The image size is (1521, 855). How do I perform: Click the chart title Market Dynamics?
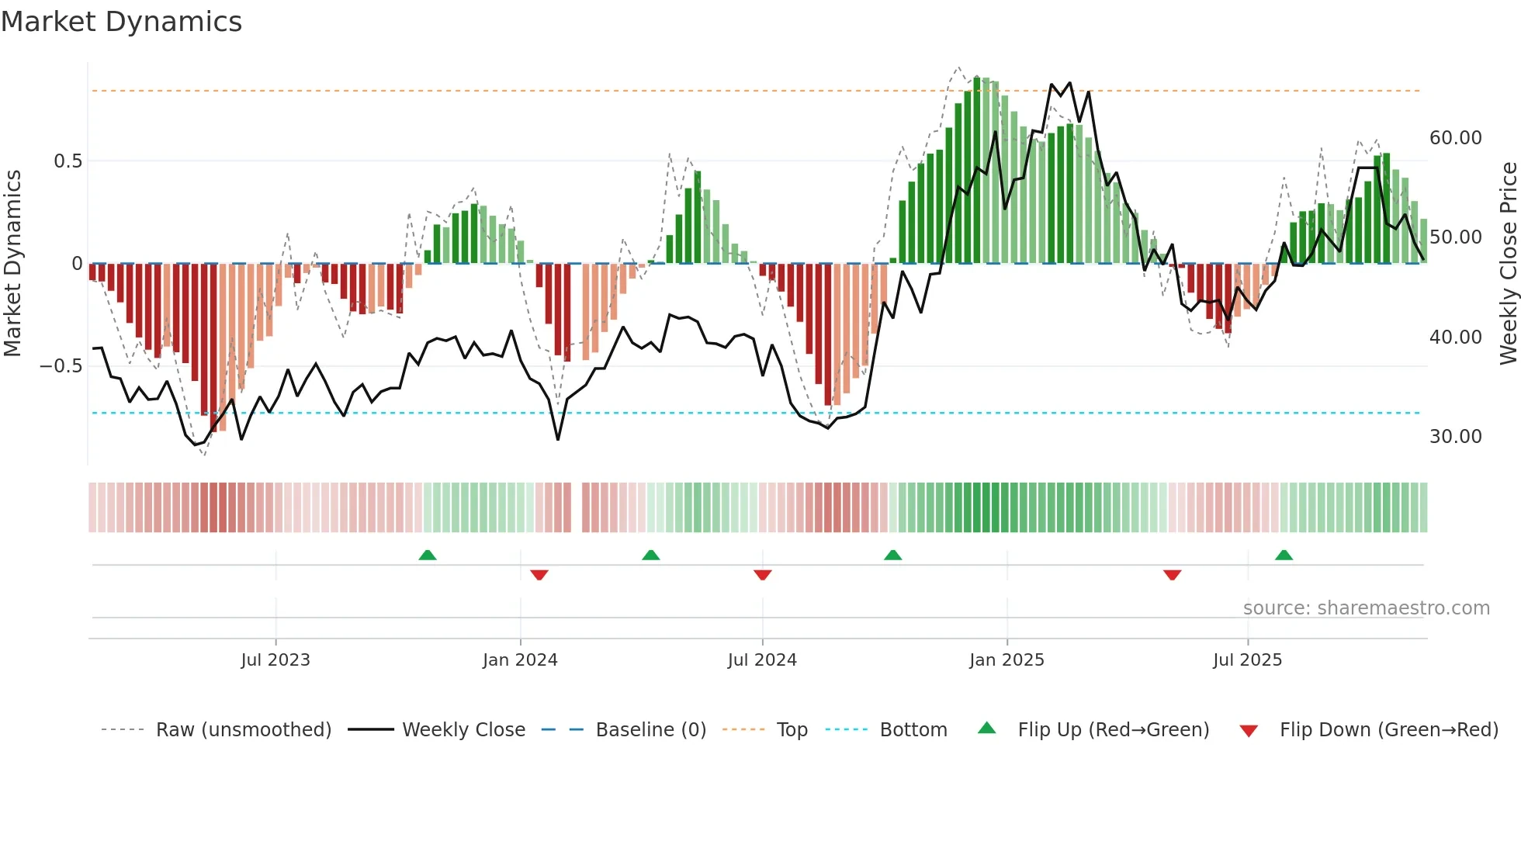tap(121, 22)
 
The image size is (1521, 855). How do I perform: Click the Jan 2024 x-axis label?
tap(520, 660)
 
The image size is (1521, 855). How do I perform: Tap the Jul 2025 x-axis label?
tap(1247, 660)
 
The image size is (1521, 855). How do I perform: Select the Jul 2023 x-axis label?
tap(275, 660)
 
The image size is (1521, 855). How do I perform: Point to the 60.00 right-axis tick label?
tap(1455, 138)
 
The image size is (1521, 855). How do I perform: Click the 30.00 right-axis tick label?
tap(1455, 437)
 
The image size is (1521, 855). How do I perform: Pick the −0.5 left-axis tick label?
tap(61, 366)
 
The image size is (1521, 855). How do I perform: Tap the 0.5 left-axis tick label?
tap(68, 161)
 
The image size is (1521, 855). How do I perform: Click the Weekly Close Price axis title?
tap(1508, 264)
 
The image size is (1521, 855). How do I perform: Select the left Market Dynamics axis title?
tap(12, 264)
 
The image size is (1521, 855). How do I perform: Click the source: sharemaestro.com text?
tap(1366, 608)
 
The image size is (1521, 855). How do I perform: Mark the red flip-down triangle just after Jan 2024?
tap(539, 575)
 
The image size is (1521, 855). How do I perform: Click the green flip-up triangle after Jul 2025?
tap(1284, 555)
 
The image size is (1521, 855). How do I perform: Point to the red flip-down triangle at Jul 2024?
tap(762, 575)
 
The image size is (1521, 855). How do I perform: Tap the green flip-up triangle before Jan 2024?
tap(428, 555)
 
